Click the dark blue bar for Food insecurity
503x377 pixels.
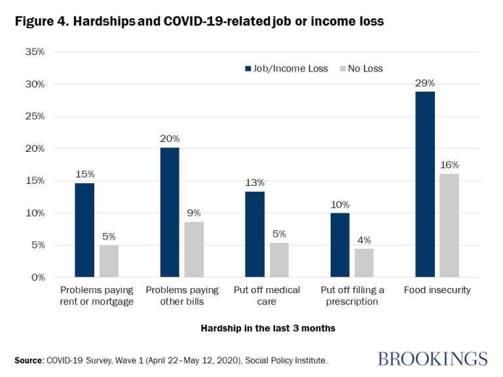pyautogui.click(x=425, y=185)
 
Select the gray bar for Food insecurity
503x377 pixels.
pyautogui.click(x=449, y=226)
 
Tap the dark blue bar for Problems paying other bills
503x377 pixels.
pyautogui.click(x=170, y=213)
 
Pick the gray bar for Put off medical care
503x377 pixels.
pyautogui.click(x=279, y=260)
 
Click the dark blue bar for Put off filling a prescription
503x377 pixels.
pyautogui.click(x=340, y=245)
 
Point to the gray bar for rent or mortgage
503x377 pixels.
pyautogui.click(x=109, y=261)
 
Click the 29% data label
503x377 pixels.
pyautogui.click(x=425, y=83)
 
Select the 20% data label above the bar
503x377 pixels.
pyautogui.click(x=170, y=139)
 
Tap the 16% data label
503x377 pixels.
pyautogui.click(x=449, y=164)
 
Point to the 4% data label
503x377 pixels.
pyautogui.click(x=364, y=240)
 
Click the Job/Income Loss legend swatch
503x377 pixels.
pyautogui.click(x=248, y=68)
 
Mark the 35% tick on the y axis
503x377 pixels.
pyautogui.click(x=33, y=52)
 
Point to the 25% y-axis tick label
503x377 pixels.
pyautogui.click(x=33, y=117)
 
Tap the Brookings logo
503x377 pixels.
pyautogui.click(x=432, y=359)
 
